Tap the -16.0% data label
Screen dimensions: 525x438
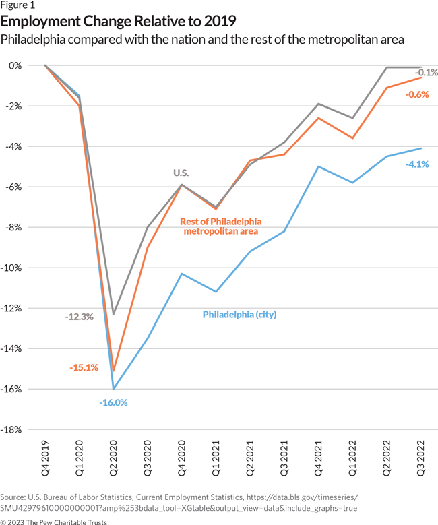(113, 402)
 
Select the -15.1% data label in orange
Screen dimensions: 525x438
(84, 367)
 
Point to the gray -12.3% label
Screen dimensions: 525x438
(80, 316)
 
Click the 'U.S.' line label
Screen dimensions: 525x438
(181, 173)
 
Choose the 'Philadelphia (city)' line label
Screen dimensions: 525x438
(240, 314)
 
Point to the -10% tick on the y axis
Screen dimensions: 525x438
(20, 268)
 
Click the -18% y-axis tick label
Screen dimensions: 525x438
(20, 429)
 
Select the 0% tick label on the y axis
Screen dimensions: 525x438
(25, 65)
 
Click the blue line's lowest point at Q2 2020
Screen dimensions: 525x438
(114, 389)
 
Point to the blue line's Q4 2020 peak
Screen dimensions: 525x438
(182, 274)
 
